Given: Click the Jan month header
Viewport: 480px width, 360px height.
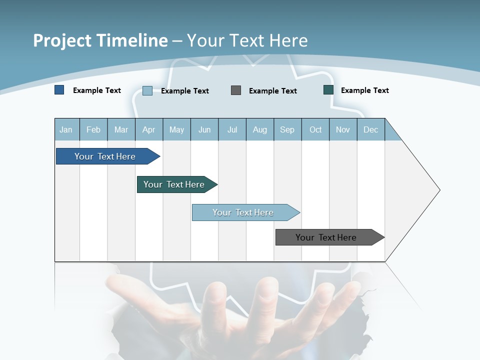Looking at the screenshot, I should [x=66, y=129].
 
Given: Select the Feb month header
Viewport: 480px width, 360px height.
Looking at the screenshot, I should [x=93, y=129].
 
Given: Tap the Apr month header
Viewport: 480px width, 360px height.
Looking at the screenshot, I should [x=149, y=129].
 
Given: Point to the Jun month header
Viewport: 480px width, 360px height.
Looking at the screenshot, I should [x=204, y=129].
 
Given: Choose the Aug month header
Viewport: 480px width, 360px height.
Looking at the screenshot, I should [x=260, y=129].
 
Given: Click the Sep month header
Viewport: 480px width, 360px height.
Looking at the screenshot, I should [x=287, y=129].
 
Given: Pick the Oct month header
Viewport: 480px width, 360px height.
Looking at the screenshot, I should [x=315, y=129].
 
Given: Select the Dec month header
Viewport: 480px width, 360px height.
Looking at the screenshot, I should [x=371, y=129].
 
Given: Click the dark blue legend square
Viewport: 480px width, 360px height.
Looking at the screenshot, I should [x=59, y=90].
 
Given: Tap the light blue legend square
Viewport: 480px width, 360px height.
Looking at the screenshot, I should [x=147, y=90].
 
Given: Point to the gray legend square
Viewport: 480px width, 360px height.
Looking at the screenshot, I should [x=236, y=90].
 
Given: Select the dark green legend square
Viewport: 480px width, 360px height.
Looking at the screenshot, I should [x=328, y=90].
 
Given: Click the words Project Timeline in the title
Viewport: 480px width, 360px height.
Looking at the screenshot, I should [x=100, y=40].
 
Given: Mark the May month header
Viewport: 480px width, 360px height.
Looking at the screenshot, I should [x=176, y=129].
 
